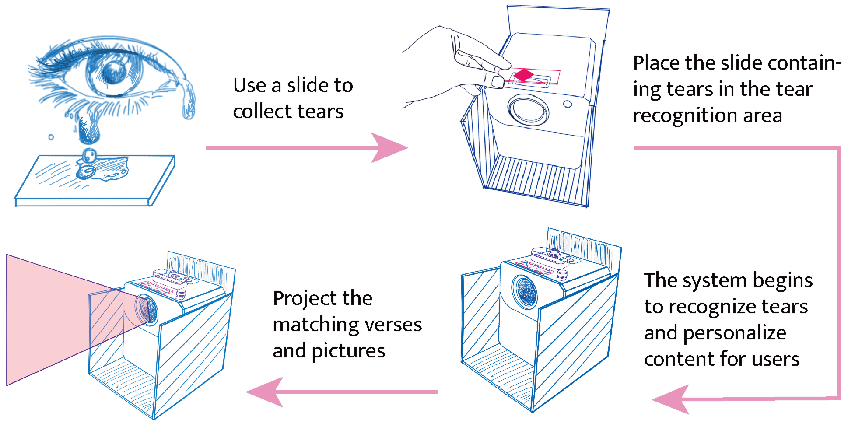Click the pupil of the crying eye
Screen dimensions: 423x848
[x=115, y=70]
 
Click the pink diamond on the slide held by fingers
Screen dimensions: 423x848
[x=523, y=75]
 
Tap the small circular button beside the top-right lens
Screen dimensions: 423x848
[x=568, y=104]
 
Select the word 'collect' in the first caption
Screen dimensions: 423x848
[x=263, y=112]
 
